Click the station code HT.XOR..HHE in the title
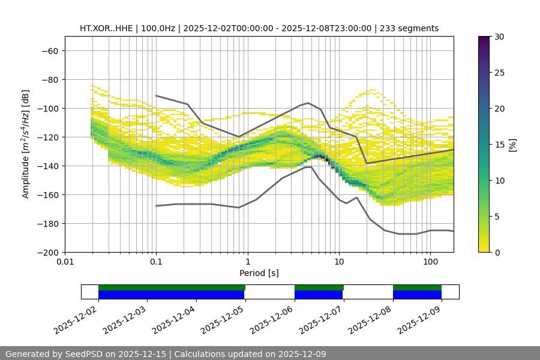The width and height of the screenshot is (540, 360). [x=107, y=28]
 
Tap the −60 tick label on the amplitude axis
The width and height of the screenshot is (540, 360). [x=49, y=50]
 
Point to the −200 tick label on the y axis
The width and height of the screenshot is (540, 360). [x=47, y=252]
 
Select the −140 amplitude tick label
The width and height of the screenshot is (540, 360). [x=47, y=166]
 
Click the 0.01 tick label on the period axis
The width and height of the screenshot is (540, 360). [x=65, y=262]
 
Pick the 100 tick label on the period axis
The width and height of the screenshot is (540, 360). [x=430, y=262]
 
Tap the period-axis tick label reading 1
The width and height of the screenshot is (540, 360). [x=248, y=262]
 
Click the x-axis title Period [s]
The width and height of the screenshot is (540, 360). [x=259, y=273]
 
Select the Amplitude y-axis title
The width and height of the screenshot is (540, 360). [x=26, y=144]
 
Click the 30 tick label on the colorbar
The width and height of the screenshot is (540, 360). [x=498, y=37]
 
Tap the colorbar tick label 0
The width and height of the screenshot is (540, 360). [x=496, y=252]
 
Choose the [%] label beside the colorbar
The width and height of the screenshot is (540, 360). [x=512, y=144]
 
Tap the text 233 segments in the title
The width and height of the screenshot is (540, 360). [x=410, y=28]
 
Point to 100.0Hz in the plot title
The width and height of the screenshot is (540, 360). [x=159, y=28]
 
